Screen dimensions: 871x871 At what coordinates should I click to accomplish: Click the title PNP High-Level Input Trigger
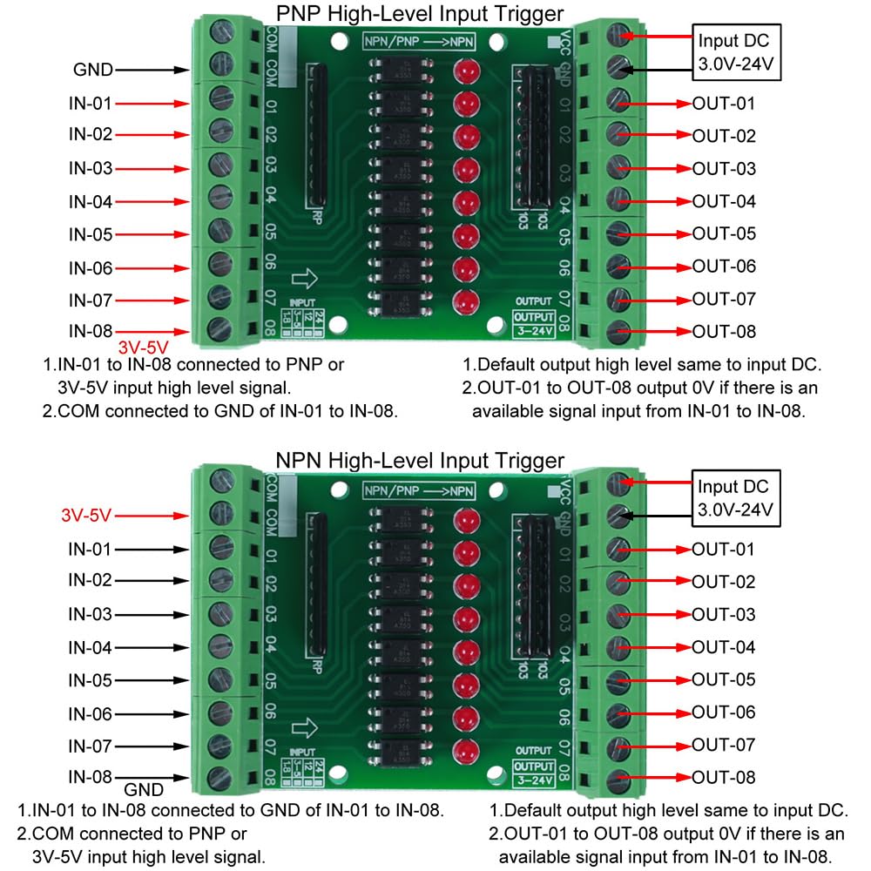[420, 14]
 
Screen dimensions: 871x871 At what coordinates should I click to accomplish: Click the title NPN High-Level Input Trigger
[420, 460]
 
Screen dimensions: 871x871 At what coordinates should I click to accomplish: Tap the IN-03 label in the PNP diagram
[91, 168]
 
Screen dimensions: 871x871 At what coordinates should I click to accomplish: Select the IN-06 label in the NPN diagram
[91, 714]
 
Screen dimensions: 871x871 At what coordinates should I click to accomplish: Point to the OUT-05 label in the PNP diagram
[724, 233]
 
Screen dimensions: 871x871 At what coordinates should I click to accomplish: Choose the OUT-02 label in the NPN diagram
[724, 582]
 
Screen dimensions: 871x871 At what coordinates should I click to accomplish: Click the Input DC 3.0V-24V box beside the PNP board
[738, 50]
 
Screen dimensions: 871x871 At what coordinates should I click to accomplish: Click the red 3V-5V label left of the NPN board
[87, 517]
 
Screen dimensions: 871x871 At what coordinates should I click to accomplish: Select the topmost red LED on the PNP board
[467, 71]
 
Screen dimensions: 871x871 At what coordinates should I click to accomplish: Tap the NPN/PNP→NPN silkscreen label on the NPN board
[420, 490]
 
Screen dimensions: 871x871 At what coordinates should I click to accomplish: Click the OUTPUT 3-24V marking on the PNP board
[534, 321]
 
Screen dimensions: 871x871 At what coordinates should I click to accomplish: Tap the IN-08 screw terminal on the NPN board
[219, 778]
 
